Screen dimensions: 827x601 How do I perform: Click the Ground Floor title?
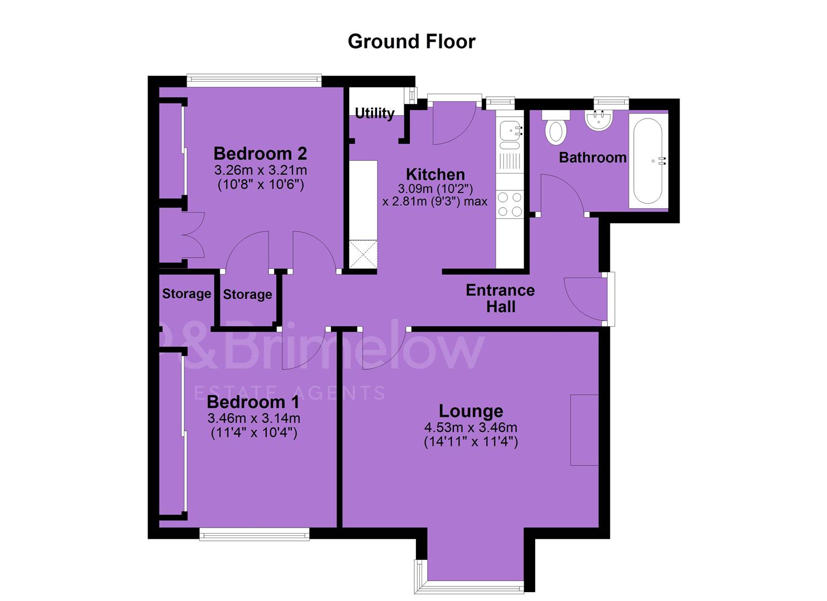click(x=412, y=42)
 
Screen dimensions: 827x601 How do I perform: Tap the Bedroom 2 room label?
click(x=260, y=154)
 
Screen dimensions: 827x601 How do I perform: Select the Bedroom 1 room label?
click(x=253, y=402)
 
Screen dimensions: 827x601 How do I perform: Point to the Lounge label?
click(x=471, y=411)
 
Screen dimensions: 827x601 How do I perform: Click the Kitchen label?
click(x=435, y=174)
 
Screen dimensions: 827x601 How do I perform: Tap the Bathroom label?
click(x=593, y=157)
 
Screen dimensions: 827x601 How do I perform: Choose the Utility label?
click(x=374, y=113)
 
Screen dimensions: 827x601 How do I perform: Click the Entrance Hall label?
click(x=500, y=298)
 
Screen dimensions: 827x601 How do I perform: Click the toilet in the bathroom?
click(x=556, y=127)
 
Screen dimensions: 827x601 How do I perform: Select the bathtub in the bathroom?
click(x=648, y=161)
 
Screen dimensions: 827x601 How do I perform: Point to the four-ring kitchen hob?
click(x=510, y=204)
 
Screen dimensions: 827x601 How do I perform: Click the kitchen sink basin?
click(x=510, y=130)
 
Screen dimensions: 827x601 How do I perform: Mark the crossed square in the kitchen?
click(x=363, y=254)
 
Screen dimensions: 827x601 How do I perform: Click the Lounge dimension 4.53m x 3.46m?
click(x=471, y=427)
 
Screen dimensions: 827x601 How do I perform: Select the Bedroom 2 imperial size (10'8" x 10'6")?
click(x=261, y=184)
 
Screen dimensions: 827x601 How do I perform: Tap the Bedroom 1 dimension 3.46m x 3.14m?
click(x=253, y=418)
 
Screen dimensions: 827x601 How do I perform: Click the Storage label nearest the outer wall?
click(x=187, y=294)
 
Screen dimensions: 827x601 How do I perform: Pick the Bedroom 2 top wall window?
click(x=254, y=81)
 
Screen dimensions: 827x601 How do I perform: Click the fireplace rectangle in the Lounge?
click(x=584, y=430)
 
